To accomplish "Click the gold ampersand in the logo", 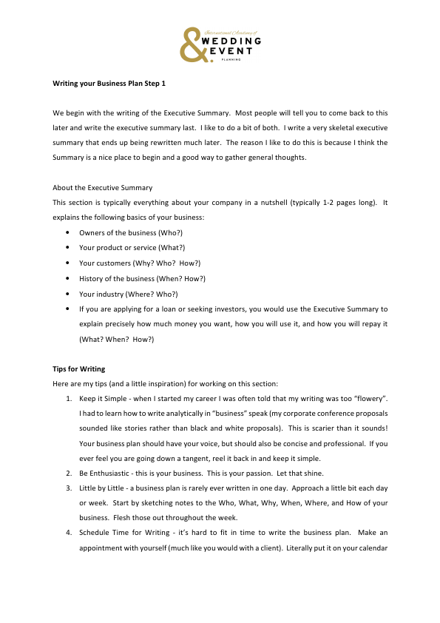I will point(193,45).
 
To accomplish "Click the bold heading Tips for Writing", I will point(79,368).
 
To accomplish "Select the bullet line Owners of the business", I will point(121,232).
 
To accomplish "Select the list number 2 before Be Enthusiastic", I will point(69,474).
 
